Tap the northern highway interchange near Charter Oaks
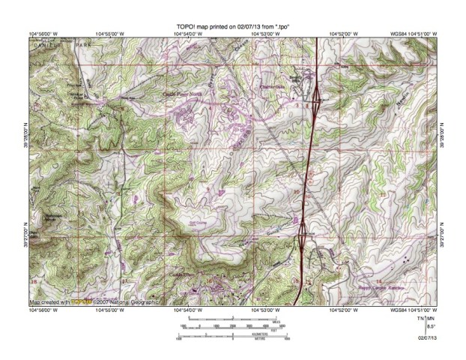318,95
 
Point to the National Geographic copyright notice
94,303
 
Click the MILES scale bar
233,321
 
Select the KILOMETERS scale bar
233,335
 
